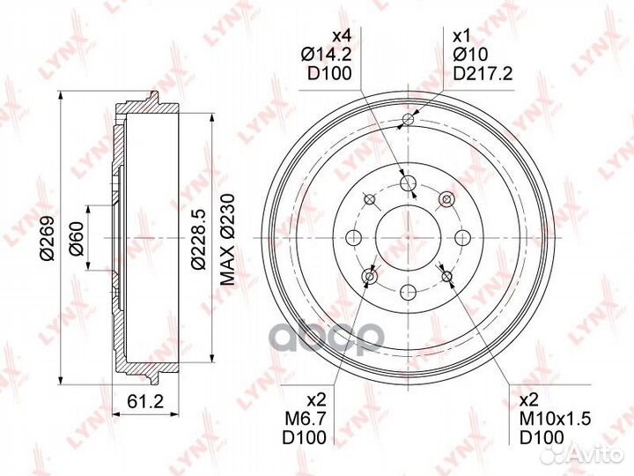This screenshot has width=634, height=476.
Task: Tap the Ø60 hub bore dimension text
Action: (77, 238)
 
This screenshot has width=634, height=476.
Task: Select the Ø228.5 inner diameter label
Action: (199, 238)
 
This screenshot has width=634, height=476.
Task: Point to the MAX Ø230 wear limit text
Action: (227, 239)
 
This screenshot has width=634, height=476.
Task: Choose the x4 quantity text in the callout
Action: (342, 36)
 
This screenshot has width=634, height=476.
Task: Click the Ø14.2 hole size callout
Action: (326, 55)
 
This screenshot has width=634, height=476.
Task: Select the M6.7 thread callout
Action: (306, 419)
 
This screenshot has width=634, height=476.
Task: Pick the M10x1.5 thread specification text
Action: (555, 419)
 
